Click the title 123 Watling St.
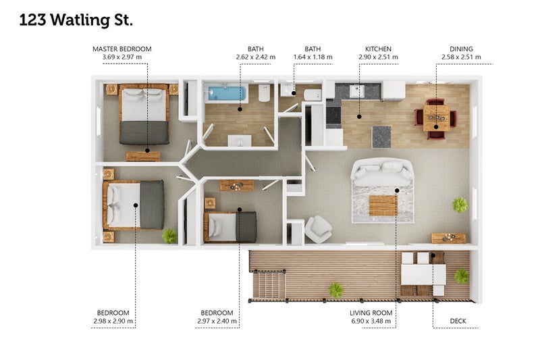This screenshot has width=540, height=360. (x=76, y=20)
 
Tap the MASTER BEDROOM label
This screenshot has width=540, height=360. (x=122, y=49)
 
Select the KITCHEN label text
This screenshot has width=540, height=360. (x=378, y=49)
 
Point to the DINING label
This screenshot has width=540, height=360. (x=461, y=49)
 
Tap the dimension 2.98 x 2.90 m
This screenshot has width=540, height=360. (x=113, y=321)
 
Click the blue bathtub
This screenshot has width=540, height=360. (x=225, y=93)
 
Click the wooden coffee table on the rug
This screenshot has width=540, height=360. (x=383, y=205)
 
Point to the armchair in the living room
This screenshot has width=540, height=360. (x=317, y=229)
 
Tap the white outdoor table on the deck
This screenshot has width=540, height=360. (x=423, y=275)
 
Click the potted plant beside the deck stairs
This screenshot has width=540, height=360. (x=335, y=290)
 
